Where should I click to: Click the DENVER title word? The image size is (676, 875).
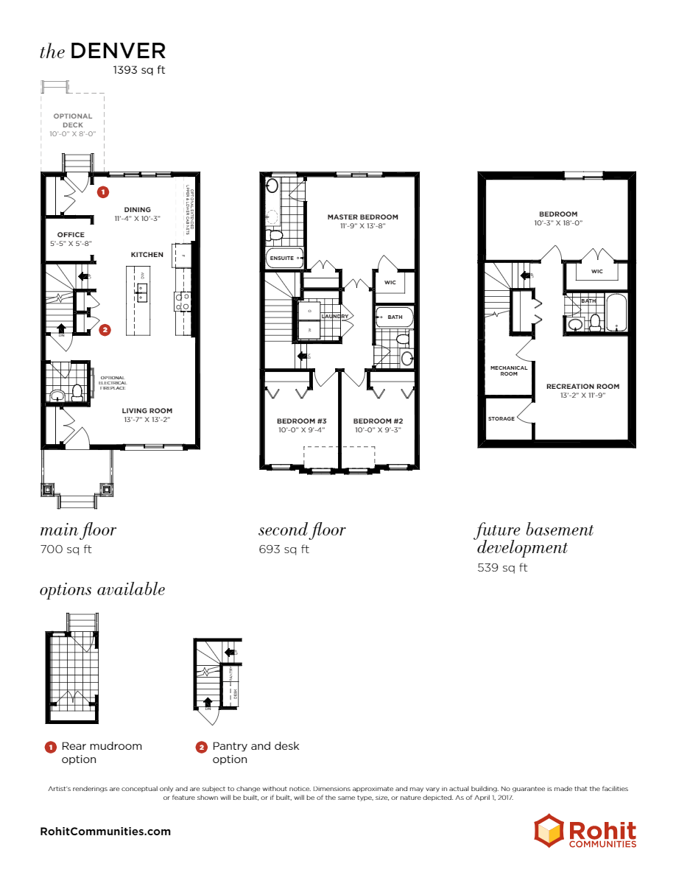click(x=118, y=51)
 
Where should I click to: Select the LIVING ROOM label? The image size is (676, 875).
click(x=147, y=411)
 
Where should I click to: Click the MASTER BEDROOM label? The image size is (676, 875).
click(x=362, y=217)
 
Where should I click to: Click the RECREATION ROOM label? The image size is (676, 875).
click(x=582, y=386)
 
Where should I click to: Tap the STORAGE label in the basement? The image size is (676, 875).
click(x=501, y=419)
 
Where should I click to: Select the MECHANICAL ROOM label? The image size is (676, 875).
click(x=510, y=370)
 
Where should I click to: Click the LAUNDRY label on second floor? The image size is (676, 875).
click(x=334, y=316)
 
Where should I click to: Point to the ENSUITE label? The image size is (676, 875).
click(x=282, y=259)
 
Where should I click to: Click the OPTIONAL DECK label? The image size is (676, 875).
click(x=73, y=120)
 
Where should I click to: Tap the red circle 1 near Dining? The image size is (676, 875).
click(x=103, y=191)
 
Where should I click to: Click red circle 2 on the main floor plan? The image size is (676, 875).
click(x=105, y=330)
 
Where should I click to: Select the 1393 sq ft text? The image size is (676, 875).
click(x=138, y=70)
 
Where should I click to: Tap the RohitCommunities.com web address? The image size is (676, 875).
click(x=105, y=832)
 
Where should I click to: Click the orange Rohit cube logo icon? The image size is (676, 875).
click(x=549, y=830)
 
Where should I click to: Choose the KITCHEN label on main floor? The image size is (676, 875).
click(x=147, y=255)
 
